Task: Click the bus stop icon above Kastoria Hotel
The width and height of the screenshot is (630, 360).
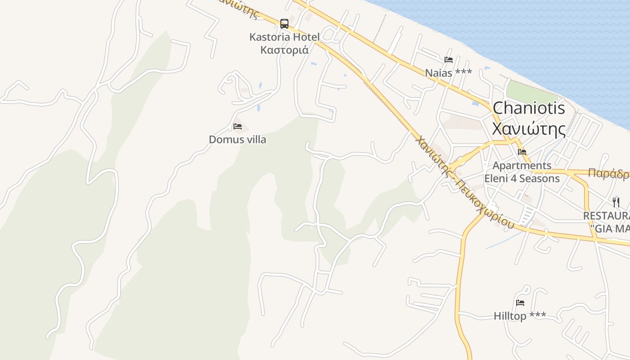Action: [284, 23]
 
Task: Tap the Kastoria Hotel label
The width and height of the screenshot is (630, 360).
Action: [284, 37]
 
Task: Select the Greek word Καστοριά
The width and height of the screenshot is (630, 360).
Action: [284, 50]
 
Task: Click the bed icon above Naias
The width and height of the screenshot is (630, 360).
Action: [448, 59]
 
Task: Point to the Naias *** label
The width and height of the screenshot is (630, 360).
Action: [448, 72]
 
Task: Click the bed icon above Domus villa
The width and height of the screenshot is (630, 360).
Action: [238, 126]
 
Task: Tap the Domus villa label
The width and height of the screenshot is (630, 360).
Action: [238, 139]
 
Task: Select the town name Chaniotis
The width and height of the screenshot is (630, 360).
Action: [529, 108]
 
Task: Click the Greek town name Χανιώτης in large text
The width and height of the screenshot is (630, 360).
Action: [529, 129]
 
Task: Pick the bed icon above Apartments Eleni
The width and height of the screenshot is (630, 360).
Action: [522, 152]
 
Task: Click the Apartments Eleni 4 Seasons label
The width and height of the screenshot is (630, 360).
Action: [522, 172]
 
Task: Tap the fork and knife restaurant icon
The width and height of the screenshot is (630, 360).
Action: [616, 202]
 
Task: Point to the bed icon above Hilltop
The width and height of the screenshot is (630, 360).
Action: [520, 303]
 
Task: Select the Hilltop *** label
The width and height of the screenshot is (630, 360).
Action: [520, 316]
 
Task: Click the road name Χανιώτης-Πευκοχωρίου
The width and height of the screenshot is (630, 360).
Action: [463, 182]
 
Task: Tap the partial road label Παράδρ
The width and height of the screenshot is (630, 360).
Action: [608, 174]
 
